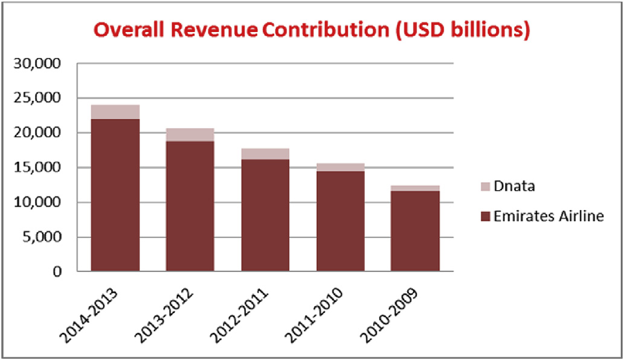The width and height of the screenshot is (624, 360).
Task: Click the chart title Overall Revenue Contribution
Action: point(311,30)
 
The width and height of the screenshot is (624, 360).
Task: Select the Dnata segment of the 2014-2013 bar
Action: point(115,112)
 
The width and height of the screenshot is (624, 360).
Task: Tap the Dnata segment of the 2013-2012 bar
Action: point(190,135)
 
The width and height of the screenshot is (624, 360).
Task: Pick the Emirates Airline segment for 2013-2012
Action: point(190,206)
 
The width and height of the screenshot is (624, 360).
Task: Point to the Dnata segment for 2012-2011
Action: point(265,153)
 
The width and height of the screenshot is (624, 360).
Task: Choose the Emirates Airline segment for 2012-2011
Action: point(265,215)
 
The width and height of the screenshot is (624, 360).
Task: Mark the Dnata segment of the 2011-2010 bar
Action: point(340,167)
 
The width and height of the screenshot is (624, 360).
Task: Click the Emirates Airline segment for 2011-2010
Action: point(340,221)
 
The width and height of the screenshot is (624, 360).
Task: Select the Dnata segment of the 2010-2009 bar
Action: point(415,188)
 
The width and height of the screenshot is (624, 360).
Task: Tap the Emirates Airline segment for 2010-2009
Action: point(415,231)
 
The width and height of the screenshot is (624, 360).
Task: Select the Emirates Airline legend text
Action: point(548,216)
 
